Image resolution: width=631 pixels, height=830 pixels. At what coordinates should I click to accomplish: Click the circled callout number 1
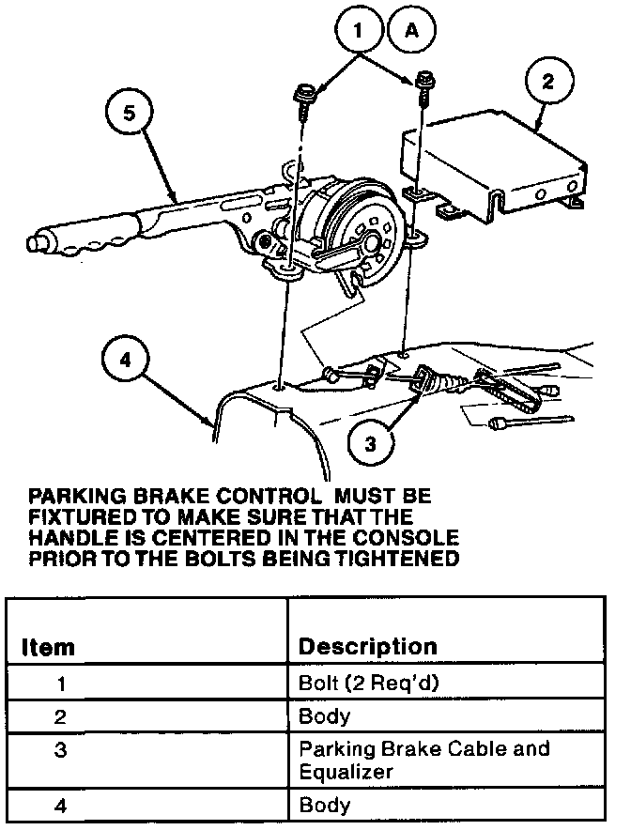357,29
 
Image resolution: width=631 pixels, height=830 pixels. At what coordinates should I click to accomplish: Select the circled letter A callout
410,29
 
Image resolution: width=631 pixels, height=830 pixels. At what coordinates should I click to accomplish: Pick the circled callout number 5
130,114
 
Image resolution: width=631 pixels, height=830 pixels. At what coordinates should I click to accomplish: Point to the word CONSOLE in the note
410,539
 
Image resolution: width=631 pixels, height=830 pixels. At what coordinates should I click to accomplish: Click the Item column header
48,648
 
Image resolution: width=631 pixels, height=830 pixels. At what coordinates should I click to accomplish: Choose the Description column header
367,647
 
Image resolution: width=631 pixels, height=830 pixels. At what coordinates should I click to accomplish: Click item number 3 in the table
61,750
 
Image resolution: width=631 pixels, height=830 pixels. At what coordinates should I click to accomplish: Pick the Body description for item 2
324,716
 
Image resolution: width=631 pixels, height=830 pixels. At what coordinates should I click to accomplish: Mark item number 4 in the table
61,805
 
